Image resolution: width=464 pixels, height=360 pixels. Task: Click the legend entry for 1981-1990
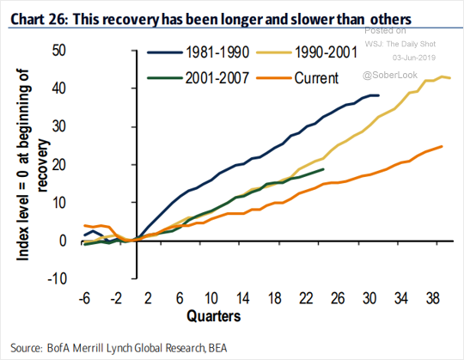217,52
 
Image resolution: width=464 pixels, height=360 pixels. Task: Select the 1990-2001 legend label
326,52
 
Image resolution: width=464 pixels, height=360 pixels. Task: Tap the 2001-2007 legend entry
217,78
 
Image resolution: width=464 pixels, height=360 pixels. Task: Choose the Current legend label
316,78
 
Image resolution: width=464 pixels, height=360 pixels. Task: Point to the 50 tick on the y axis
58,51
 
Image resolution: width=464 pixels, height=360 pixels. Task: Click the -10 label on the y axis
57,278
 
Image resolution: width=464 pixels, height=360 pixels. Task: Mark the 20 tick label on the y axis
58,164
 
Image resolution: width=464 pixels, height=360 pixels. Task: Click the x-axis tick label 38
432,298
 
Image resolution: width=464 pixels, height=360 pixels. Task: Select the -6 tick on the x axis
84,298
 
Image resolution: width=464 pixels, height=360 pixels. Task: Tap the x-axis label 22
306,298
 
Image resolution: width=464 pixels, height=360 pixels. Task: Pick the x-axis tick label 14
242,298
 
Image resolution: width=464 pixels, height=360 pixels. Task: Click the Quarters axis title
214,315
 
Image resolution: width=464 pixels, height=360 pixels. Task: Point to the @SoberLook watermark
390,75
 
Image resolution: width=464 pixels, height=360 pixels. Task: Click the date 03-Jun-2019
414,58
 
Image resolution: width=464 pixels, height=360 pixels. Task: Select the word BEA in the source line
217,348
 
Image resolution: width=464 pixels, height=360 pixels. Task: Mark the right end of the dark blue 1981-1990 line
379,95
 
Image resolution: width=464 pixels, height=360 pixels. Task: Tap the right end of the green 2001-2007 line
323,169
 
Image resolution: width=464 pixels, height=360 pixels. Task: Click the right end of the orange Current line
442,146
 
